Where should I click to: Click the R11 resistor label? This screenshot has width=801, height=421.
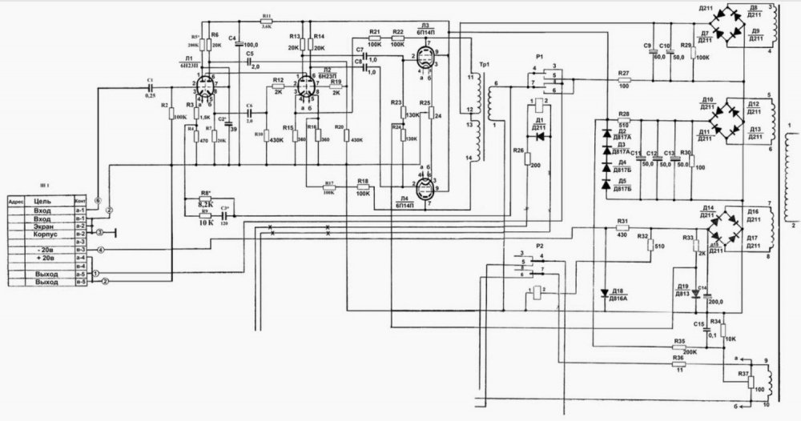coord(266,15)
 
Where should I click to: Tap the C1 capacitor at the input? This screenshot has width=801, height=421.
coord(151,87)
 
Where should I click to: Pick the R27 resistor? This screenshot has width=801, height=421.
coord(625,80)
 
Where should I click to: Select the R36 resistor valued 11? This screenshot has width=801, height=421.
coord(680,364)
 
